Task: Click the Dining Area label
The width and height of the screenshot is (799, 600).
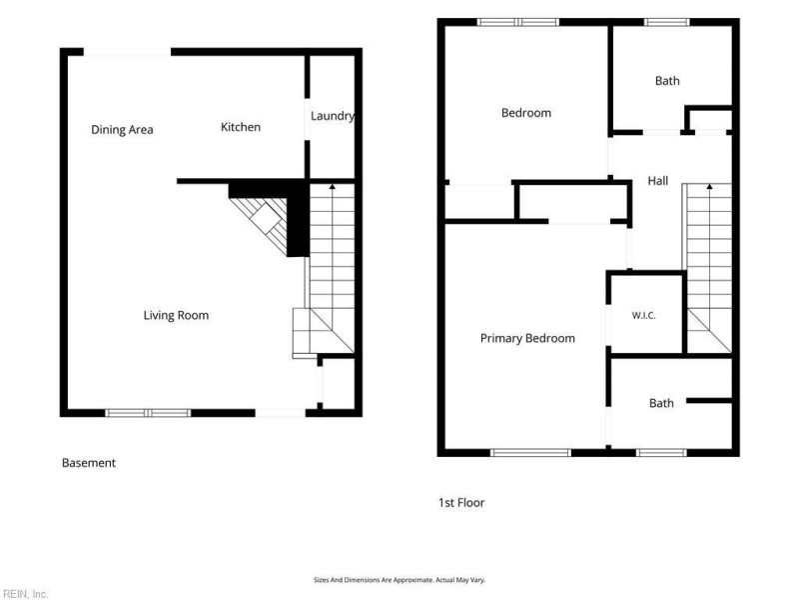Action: click(122, 130)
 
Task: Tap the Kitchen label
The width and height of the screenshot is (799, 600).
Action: click(241, 127)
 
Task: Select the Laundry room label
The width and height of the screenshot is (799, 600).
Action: click(333, 116)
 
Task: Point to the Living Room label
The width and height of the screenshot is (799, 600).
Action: click(176, 315)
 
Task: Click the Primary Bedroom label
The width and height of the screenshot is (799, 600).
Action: click(527, 338)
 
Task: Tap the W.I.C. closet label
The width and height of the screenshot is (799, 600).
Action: click(643, 315)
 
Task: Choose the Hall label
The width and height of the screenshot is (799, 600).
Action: click(658, 181)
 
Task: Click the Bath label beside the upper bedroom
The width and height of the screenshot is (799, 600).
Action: click(667, 81)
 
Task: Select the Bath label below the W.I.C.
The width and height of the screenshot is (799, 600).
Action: click(661, 403)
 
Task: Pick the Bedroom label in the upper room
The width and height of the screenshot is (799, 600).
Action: click(526, 113)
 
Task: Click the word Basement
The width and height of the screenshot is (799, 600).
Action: click(89, 463)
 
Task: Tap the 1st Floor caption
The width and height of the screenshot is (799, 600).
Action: click(461, 503)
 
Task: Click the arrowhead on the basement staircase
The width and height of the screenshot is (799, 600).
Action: click(333, 187)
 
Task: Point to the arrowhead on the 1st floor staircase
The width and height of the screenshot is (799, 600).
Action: click(709, 187)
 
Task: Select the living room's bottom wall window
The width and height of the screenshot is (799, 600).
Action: click(148, 413)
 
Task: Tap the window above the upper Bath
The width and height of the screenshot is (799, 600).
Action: click(666, 22)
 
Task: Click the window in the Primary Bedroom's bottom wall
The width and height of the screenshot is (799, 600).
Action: click(530, 453)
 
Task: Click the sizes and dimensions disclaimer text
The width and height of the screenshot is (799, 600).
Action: click(399, 580)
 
